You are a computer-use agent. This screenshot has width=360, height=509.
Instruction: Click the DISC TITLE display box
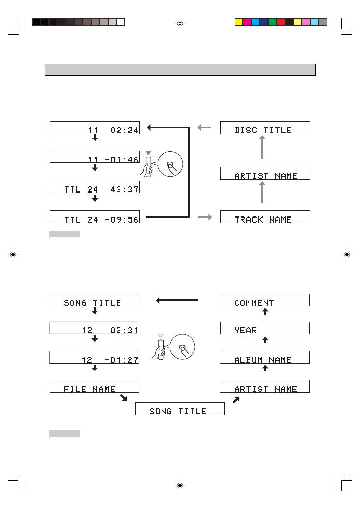[265, 128]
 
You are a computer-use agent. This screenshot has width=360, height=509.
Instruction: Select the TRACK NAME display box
[265, 217]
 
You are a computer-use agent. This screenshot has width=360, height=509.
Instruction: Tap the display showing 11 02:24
[95, 128]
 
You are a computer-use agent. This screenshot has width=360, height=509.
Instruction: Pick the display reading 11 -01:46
[95, 157]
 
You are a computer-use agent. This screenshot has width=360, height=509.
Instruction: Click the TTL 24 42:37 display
[95, 187]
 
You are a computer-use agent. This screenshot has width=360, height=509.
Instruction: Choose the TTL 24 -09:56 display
[95, 217]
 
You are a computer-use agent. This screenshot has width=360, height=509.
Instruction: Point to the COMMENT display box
[264, 300]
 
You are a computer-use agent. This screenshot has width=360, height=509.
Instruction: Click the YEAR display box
[264, 328]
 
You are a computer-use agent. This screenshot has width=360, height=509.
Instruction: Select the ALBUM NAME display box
[264, 357]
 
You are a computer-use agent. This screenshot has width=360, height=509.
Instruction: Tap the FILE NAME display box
[94, 386]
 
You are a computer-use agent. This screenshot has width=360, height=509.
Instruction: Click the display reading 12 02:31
[94, 328]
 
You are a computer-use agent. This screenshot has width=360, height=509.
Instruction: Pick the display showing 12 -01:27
[94, 357]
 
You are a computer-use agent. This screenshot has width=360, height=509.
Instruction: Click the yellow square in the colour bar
[239, 22]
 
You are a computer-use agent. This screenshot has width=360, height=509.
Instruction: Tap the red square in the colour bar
[281, 22]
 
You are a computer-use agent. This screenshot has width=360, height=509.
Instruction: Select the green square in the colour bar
[273, 22]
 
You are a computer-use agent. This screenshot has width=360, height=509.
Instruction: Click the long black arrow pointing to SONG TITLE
[177, 301]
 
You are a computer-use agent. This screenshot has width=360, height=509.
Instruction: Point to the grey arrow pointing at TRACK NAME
[205, 217]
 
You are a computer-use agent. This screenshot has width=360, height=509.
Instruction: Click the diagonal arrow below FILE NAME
[124, 398]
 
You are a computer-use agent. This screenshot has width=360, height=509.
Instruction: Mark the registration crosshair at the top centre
[180, 23]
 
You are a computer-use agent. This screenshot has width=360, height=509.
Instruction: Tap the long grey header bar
[180, 70]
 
